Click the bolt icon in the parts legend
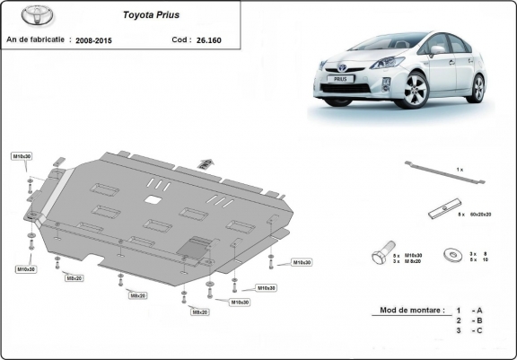click(379, 257)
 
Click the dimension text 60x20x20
click(481, 215)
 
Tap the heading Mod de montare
click(407, 310)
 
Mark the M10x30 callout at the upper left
click(22, 157)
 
